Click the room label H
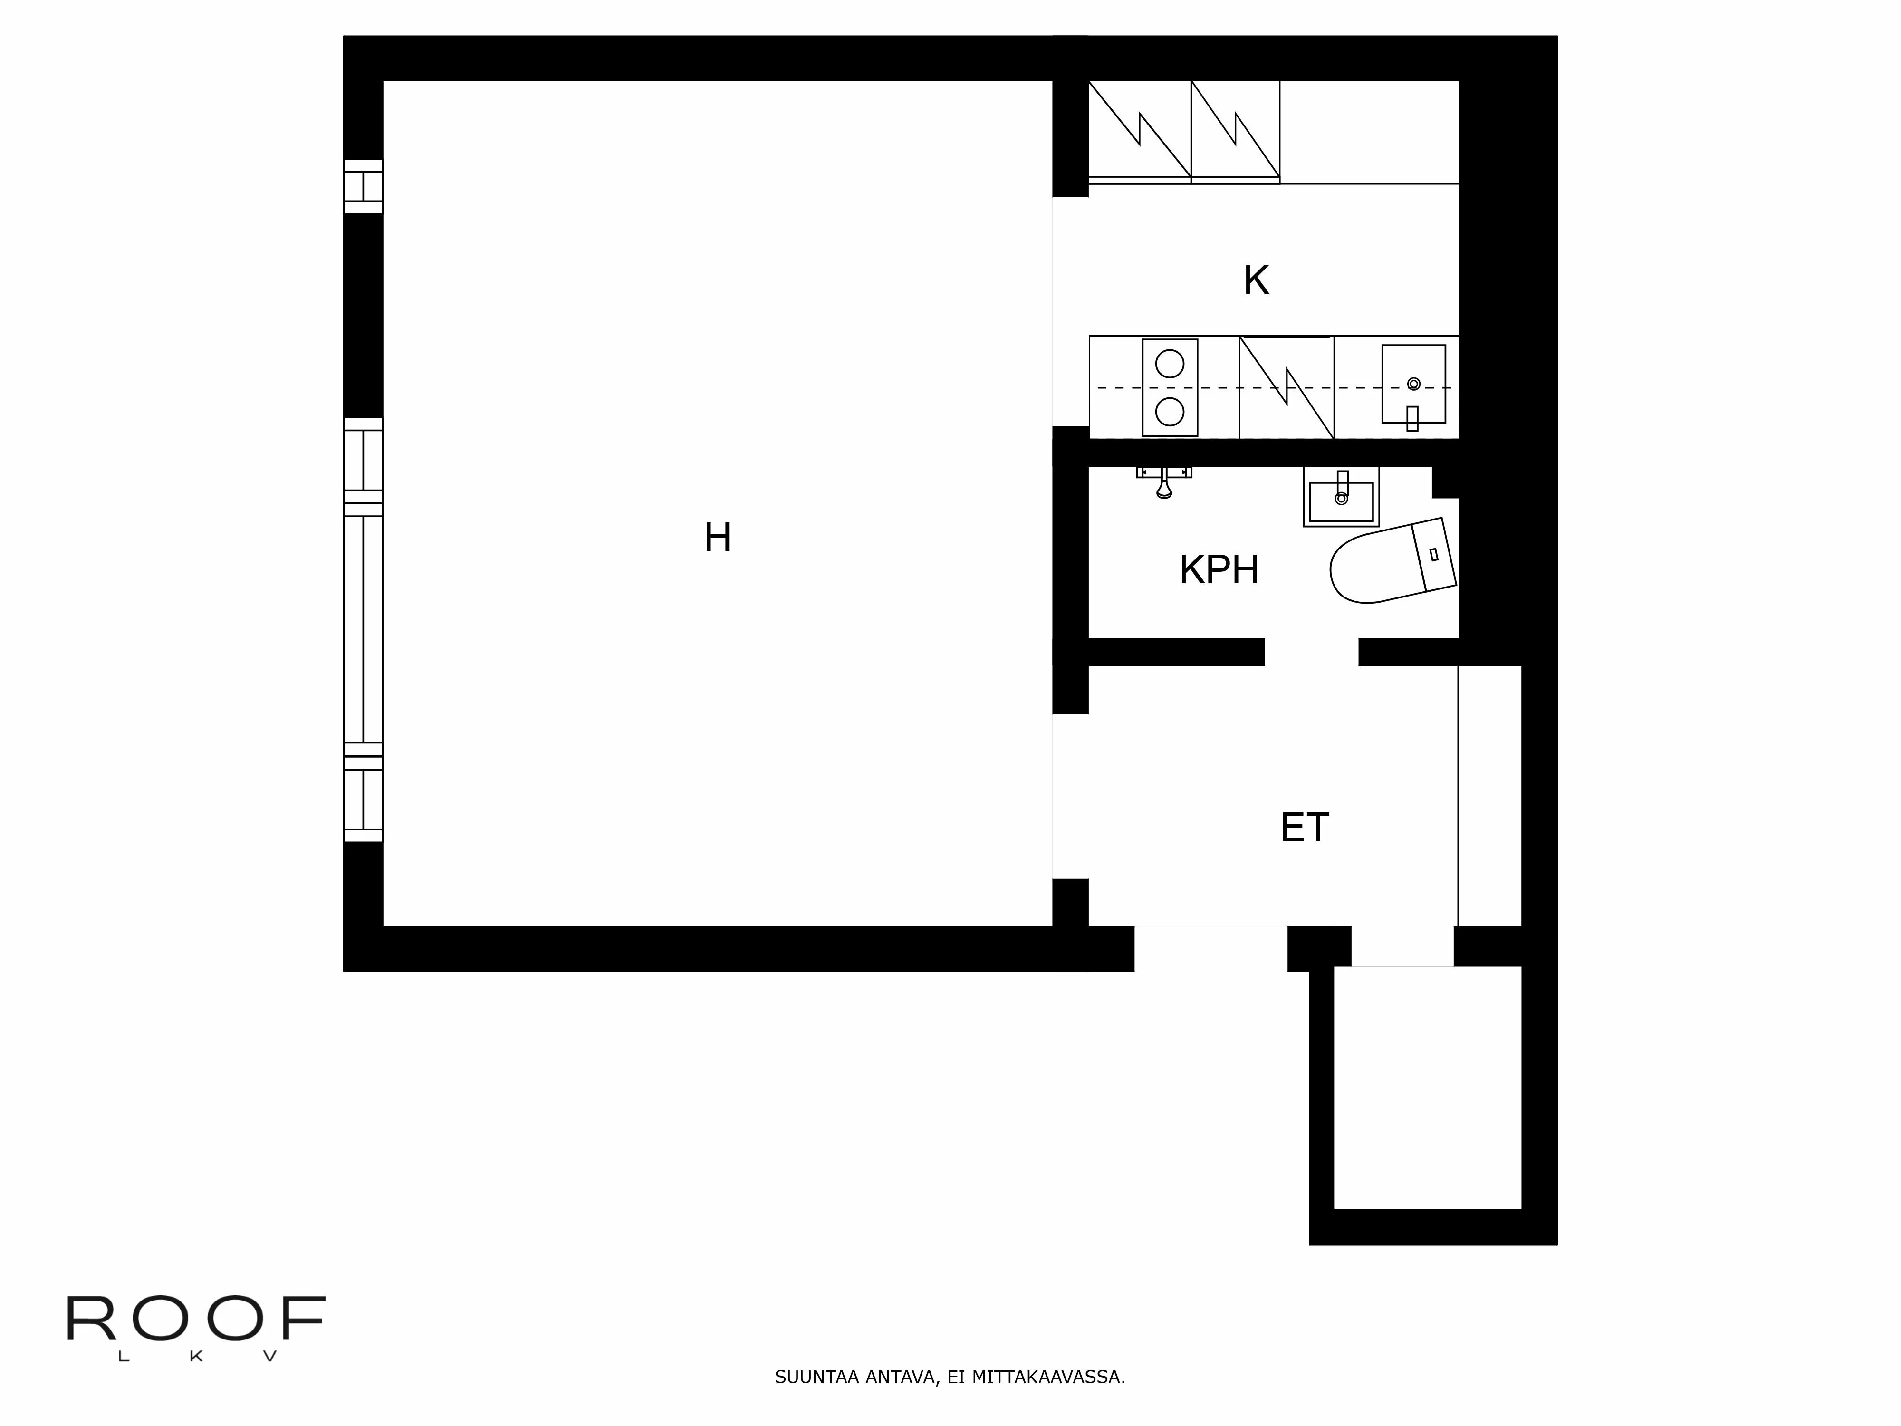(x=718, y=538)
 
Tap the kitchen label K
(x=1256, y=280)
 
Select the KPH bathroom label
(x=1219, y=570)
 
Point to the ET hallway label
(x=1305, y=828)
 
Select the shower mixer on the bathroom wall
(x=1164, y=482)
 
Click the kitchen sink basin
(x=1414, y=384)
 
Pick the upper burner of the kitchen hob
(x=1170, y=364)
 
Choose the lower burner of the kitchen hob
(x=1170, y=412)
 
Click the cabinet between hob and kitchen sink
(x=1287, y=388)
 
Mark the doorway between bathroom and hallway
(x=1311, y=652)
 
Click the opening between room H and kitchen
(x=1071, y=311)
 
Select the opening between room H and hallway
(x=1071, y=796)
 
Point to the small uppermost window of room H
(x=363, y=186)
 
